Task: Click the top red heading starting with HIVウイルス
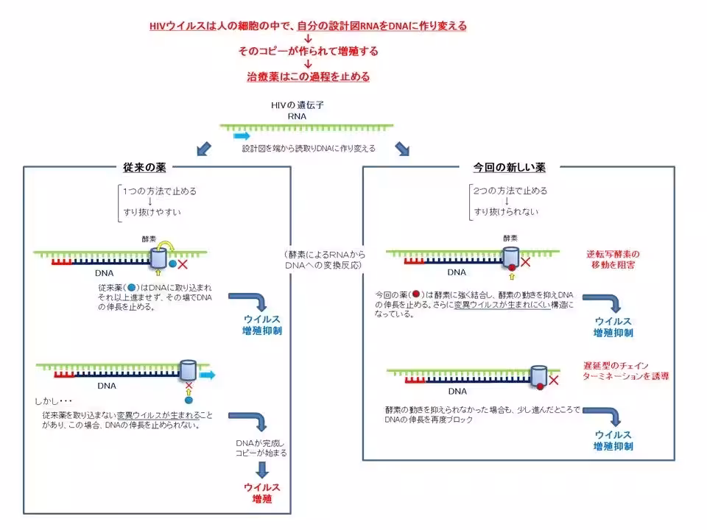point(308,26)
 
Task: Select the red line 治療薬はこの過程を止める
point(308,76)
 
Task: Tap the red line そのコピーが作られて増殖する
point(308,51)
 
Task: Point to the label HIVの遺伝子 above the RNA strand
point(298,105)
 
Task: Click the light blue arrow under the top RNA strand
point(242,136)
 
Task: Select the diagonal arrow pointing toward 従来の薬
point(203,149)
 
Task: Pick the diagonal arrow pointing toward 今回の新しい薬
point(402,149)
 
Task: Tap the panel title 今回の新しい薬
point(509,167)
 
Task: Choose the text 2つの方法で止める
point(510,191)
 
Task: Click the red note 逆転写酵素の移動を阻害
point(613,259)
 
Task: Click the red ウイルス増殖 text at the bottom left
point(262,493)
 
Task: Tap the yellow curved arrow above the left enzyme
point(169,245)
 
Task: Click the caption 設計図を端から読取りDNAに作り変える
point(309,149)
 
